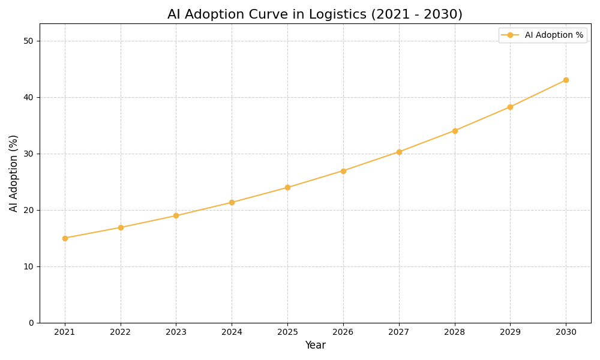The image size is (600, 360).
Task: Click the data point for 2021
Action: (65, 238)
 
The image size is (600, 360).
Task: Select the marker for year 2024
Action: (232, 202)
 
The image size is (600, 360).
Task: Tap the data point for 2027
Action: (399, 152)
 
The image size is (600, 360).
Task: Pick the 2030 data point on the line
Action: (566, 80)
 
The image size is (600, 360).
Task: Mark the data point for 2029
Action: (510, 107)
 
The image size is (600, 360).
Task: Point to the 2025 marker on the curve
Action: (287, 187)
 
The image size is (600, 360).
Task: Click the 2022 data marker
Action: (121, 227)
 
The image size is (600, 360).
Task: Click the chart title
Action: (315, 14)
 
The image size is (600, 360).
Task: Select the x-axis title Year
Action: (315, 346)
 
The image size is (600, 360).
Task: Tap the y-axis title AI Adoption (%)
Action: (14, 173)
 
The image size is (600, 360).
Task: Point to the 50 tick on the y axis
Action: (28, 41)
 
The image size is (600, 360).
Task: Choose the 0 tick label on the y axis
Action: (31, 323)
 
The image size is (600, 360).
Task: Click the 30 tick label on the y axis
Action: (28, 154)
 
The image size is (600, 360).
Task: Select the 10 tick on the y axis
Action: (28, 266)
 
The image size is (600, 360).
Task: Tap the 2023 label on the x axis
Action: (176, 332)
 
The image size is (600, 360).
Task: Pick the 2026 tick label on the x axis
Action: (343, 332)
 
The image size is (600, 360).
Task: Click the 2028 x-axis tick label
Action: (455, 332)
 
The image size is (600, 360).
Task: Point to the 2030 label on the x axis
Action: (566, 332)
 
